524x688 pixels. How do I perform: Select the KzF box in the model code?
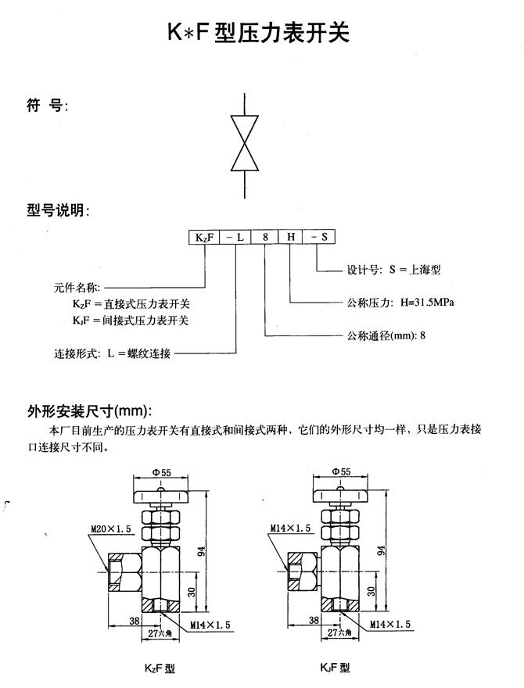(201, 235)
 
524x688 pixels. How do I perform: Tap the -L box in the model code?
(237, 235)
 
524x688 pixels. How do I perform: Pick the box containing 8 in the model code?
(265, 235)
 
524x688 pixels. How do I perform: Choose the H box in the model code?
(289, 235)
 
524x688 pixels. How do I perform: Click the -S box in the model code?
(319, 235)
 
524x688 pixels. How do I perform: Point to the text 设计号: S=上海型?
(393, 270)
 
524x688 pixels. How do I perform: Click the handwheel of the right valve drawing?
(341, 496)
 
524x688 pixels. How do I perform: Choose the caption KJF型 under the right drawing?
(335, 668)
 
